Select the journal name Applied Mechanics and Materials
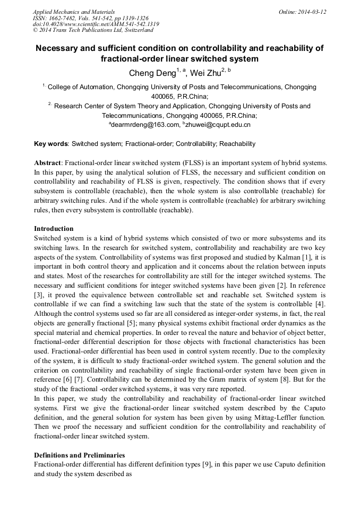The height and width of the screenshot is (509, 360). click(x=73, y=12)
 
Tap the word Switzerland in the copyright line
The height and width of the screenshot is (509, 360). click(x=136, y=31)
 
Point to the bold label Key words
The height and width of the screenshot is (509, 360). click(x=50, y=144)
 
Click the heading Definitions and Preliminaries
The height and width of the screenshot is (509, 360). click(x=79, y=455)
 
